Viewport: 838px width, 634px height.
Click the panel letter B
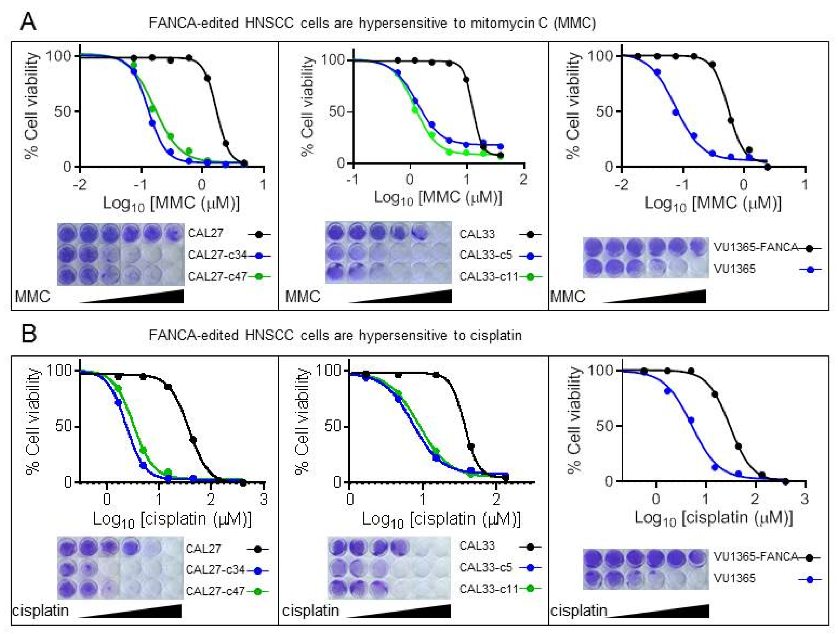[x=29, y=334]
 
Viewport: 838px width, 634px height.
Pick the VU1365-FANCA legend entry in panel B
[x=756, y=557]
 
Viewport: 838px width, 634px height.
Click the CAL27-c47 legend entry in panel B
[x=215, y=591]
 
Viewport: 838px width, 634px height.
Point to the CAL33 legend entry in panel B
[x=477, y=546]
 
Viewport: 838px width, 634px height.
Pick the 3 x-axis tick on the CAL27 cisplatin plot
[x=264, y=499]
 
